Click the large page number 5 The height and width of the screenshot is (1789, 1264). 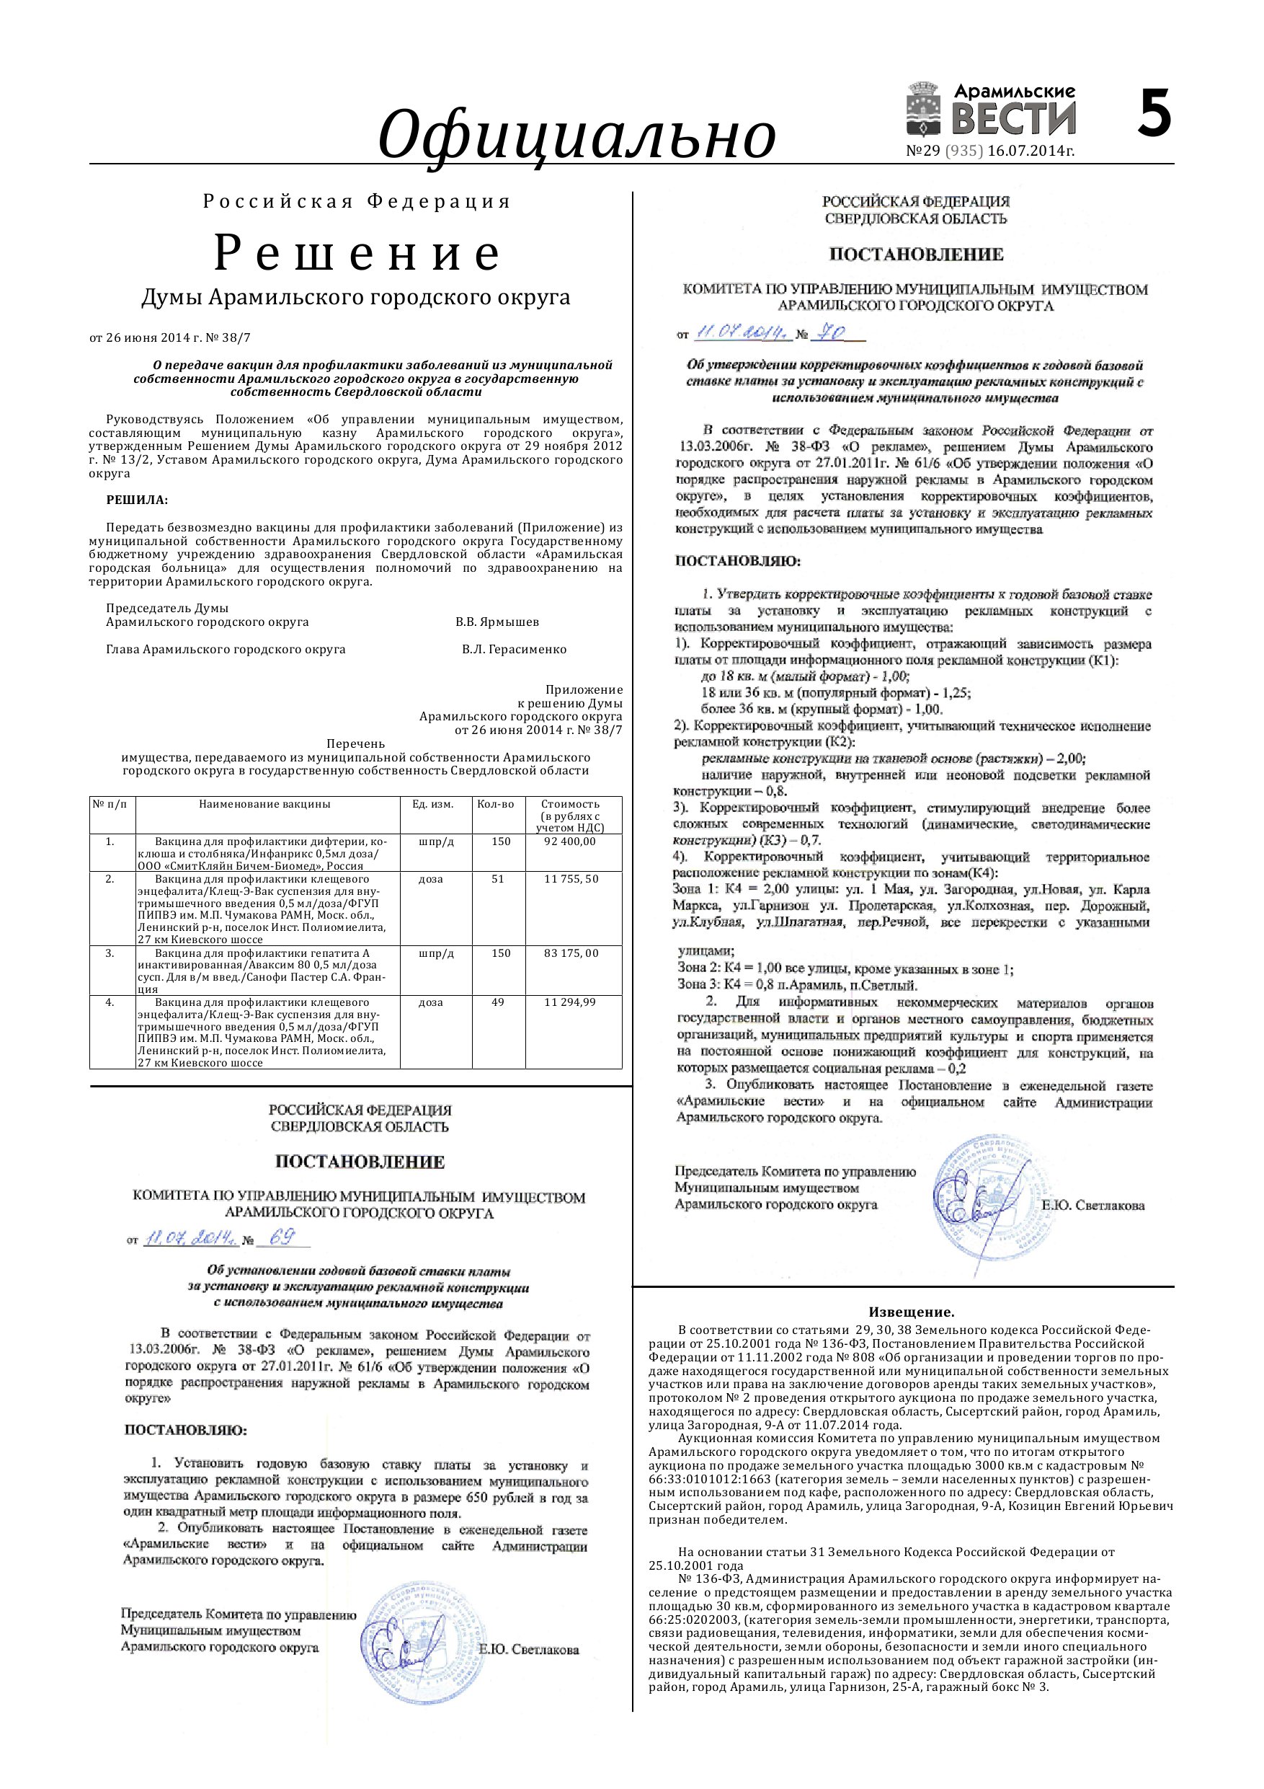1154,114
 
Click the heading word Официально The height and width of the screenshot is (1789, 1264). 577,134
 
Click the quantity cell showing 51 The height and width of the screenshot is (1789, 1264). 499,879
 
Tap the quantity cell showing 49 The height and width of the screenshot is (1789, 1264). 499,1002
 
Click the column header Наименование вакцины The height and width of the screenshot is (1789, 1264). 264,804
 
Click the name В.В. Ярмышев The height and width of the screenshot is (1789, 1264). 497,622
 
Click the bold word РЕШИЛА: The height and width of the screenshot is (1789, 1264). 137,500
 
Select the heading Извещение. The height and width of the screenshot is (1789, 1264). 911,1312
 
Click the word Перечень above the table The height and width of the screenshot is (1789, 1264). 356,743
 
